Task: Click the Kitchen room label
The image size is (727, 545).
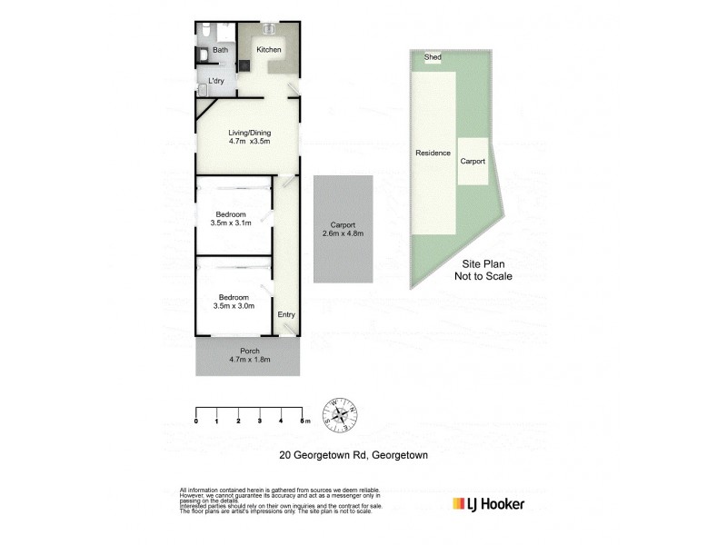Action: click(x=268, y=50)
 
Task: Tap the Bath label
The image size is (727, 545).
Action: click(x=221, y=50)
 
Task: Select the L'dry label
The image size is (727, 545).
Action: click(x=216, y=81)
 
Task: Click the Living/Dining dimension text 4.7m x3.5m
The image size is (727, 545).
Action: click(x=249, y=142)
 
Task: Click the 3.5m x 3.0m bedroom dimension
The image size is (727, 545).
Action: click(x=234, y=305)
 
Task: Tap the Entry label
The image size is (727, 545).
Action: click(x=286, y=315)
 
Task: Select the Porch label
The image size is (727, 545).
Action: click(x=250, y=352)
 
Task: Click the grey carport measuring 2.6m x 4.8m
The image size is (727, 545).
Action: click(x=343, y=229)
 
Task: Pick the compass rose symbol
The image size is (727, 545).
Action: click(x=342, y=415)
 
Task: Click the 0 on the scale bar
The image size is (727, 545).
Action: click(x=196, y=421)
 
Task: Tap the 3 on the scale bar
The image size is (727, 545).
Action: click(x=260, y=421)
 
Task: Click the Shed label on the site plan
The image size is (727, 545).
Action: click(x=433, y=57)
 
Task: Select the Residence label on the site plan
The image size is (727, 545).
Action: click(x=433, y=153)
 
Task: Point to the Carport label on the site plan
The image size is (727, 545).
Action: click(x=473, y=161)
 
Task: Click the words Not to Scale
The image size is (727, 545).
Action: click(x=483, y=276)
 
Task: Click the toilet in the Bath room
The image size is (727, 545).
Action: click(x=203, y=54)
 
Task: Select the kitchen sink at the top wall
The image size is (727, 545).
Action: click(x=270, y=29)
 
